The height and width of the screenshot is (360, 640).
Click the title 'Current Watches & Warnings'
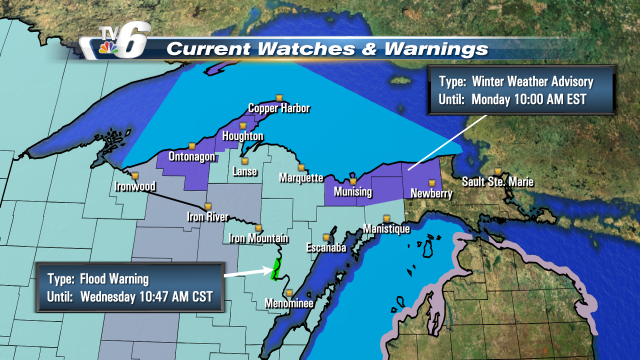[x=327, y=48]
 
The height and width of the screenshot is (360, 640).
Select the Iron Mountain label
[x=259, y=238]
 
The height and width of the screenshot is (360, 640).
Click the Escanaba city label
[x=326, y=246]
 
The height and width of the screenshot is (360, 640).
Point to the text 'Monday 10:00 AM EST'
[x=527, y=100]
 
